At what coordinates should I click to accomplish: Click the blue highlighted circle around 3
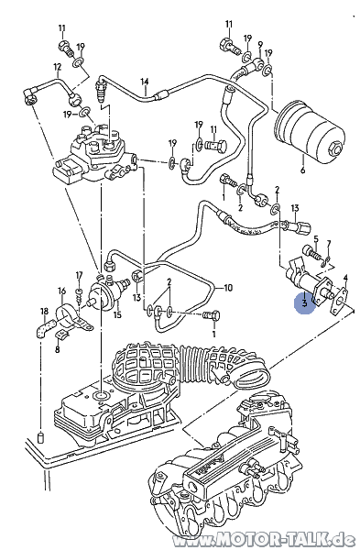(304, 302)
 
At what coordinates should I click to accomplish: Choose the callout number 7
(331, 245)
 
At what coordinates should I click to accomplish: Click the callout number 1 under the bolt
(214, 335)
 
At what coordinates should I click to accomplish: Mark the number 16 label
(62, 291)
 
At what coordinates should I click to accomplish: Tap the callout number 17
(79, 274)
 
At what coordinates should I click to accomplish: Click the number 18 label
(42, 313)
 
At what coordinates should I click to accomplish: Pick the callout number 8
(57, 349)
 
